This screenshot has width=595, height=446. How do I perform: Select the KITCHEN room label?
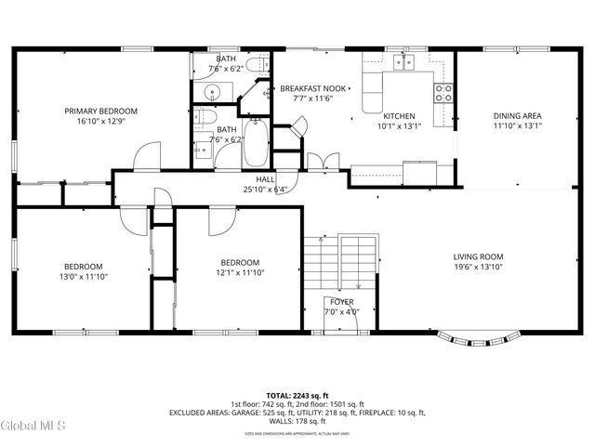click(x=399, y=116)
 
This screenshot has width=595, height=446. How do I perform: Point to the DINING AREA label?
click(x=517, y=116)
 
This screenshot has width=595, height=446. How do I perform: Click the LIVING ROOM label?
click(x=478, y=256)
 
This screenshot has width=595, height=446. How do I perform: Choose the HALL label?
click(x=264, y=179)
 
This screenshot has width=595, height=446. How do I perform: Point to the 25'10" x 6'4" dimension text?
click(x=264, y=189)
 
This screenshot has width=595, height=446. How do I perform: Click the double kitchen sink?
click(x=403, y=62)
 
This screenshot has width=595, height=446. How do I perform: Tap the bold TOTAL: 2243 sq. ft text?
click(x=297, y=395)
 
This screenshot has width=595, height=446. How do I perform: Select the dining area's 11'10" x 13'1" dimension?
click(x=517, y=126)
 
